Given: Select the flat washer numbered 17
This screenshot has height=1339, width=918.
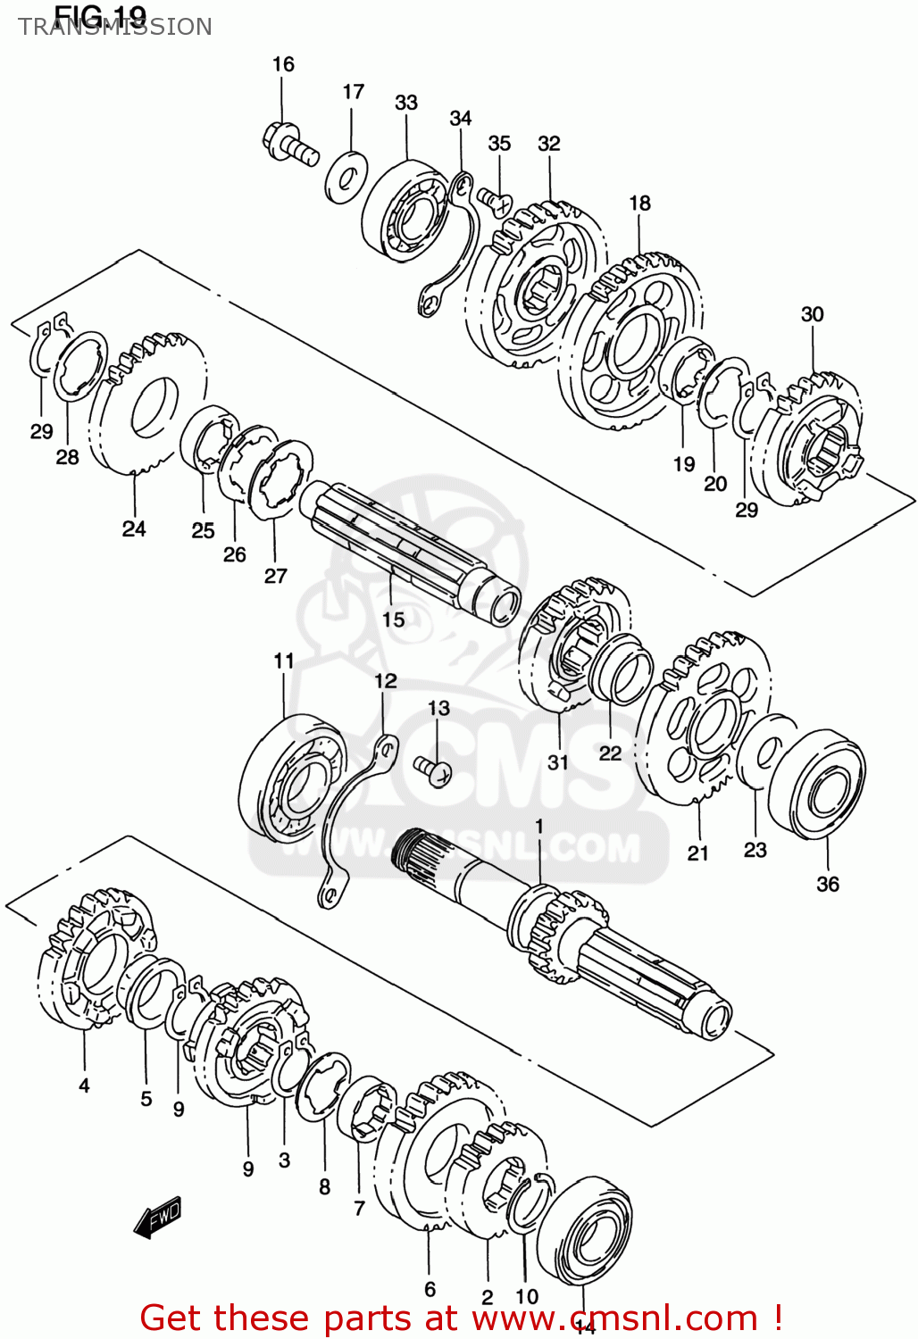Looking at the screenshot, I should [346, 177].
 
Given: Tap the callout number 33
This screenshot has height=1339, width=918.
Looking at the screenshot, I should [406, 103].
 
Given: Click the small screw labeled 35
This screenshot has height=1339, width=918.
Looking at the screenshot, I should [493, 200].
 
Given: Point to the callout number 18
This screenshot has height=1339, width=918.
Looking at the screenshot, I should [639, 204].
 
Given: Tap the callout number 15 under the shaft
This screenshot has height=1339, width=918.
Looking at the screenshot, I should [394, 620].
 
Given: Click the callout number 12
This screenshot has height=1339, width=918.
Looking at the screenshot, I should [385, 681].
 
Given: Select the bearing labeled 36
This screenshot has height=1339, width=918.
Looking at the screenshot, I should [816, 784].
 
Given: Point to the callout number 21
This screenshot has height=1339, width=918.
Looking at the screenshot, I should [697, 853].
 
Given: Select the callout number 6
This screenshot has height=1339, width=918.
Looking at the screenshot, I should [430, 1289].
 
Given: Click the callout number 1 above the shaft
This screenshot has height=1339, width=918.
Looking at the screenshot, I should [538, 826].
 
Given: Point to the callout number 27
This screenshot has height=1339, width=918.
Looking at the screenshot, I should [275, 576].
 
